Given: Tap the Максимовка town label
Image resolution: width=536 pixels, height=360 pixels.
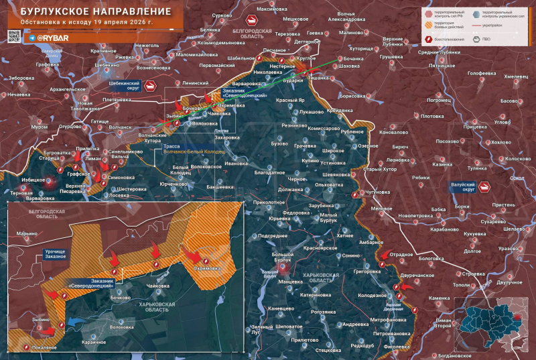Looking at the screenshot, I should click(x=271, y=9).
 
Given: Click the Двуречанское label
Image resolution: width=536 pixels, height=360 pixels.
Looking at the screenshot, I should click(x=417, y=275).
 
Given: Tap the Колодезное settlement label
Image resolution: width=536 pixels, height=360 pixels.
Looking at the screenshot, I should click(x=373, y=295).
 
